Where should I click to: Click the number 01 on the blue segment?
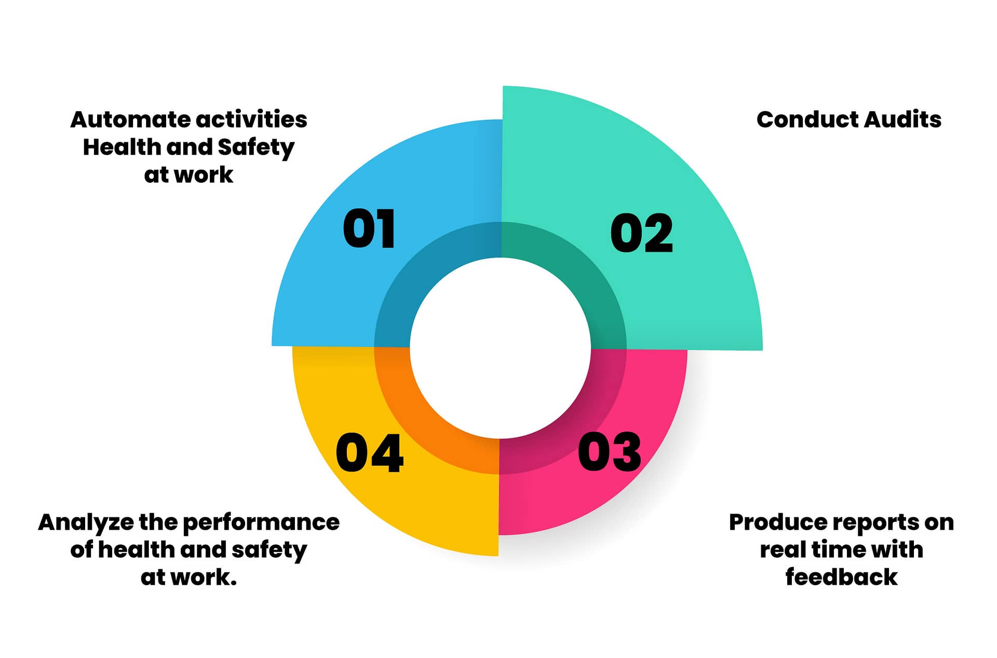point(369,229)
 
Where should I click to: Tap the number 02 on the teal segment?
point(641,233)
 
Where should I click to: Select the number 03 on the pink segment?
point(609,452)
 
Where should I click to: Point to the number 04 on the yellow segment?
point(369,453)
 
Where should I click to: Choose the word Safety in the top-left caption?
point(256,148)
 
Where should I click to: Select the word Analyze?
point(86,522)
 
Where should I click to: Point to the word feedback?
point(841,577)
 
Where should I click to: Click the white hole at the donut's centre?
point(501,348)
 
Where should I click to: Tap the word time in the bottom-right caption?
point(838,549)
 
